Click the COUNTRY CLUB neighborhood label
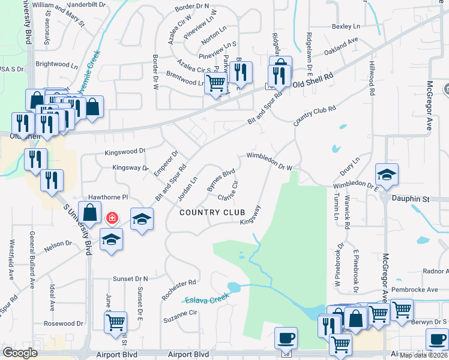(x=212, y=212)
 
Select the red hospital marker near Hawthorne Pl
(x=112, y=217)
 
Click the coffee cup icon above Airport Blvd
(x=286, y=337)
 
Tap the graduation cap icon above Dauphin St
(x=387, y=175)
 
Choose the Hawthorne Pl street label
(x=109, y=197)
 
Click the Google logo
(x=20, y=353)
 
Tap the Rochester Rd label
(x=179, y=289)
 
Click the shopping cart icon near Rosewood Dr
(x=115, y=322)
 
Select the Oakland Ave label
(x=340, y=46)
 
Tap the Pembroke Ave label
(x=412, y=289)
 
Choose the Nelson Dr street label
(x=58, y=244)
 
